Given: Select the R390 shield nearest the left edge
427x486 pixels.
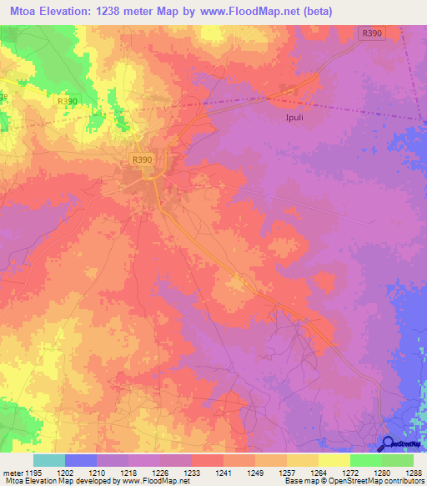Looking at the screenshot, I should click(x=68, y=101).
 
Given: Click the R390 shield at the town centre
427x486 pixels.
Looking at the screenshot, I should click(x=141, y=158).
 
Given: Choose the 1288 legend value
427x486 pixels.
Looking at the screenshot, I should click(x=414, y=472).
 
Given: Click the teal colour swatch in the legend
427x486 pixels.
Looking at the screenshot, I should click(x=48, y=460).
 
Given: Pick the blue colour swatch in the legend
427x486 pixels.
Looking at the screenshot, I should click(x=80, y=460).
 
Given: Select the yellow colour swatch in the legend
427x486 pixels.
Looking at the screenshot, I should click(x=334, y=460).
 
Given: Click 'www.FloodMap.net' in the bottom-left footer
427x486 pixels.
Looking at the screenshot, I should click(x=158, y=481).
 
